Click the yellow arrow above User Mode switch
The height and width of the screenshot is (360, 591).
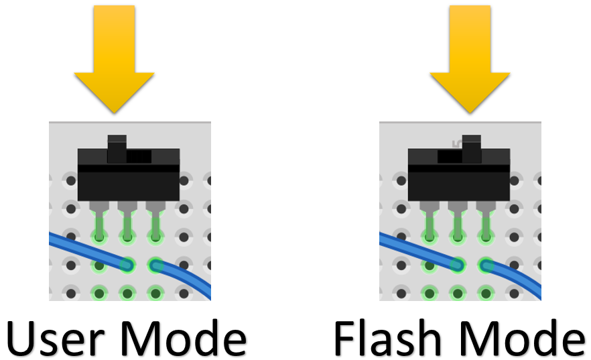(114, 60)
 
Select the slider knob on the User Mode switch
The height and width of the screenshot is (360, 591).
(117, 149)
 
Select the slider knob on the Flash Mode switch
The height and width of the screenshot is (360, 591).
(472, 149)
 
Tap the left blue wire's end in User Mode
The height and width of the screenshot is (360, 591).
(127, 265)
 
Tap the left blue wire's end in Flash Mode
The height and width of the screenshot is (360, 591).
(458, 265)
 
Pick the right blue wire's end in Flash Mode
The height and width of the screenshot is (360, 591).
(486, 265)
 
